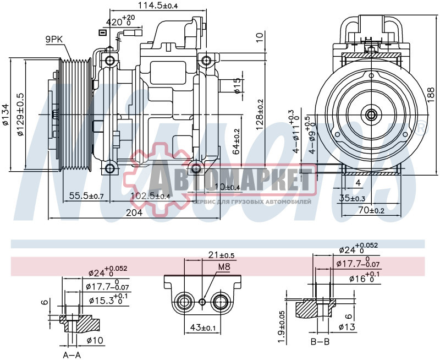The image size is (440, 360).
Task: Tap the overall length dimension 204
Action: coord(134,212)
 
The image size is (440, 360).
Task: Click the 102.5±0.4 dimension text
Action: coord(150,196)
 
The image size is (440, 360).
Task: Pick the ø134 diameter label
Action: coord(5,114)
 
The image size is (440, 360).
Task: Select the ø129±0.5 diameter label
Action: coord(20,114)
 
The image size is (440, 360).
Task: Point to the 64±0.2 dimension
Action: coord(237,142)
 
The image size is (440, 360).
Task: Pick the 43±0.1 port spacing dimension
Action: coord(201,328)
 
